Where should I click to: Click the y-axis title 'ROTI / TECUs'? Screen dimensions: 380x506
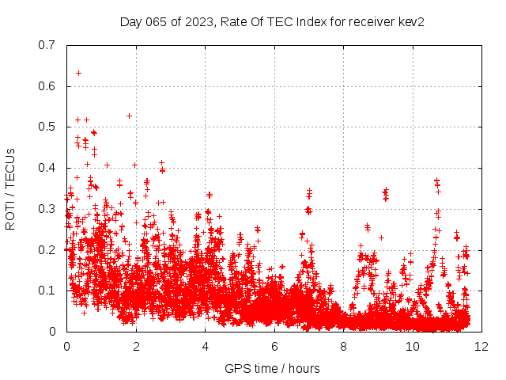pyautogui.click(x=10, y=188)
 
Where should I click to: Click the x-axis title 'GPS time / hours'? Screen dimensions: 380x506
pyautogui.click(x=273, y=368)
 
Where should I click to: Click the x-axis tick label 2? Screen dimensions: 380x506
pyautogui.click(x=135, y=347)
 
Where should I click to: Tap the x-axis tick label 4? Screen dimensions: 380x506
pyautogui.click(x=205, y=347)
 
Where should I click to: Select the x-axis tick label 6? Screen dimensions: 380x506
pyautogui.click(x=274, y=347)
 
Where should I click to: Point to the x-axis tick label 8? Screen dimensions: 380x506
pyautogui.click(x=343, y=347)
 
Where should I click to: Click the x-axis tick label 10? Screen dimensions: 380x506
pyautogui.click(x=412, y=347)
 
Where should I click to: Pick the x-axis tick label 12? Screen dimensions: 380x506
pyautogui.click(x=481, y=347)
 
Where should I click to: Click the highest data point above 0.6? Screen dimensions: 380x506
pyautogui.click(x=78, y=73)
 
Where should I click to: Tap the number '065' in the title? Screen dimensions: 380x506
pyautogui.click(x=156, y=22)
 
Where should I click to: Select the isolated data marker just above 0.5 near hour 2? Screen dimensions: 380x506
pyautogui.click(x=129, y=116)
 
